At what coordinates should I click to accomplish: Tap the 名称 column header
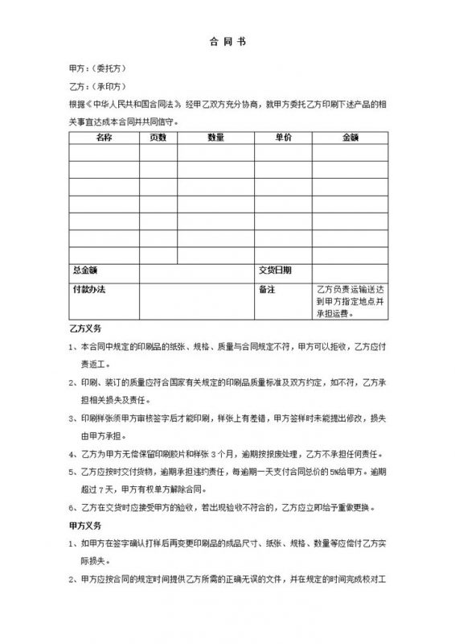[x=104, y=138]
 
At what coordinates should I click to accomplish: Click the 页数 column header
[x=158, y=138]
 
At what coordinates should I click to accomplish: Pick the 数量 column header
[x=215, y=138]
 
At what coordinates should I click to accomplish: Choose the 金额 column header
[x=350, y=138]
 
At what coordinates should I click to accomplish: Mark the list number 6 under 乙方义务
[x=74, y=508]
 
